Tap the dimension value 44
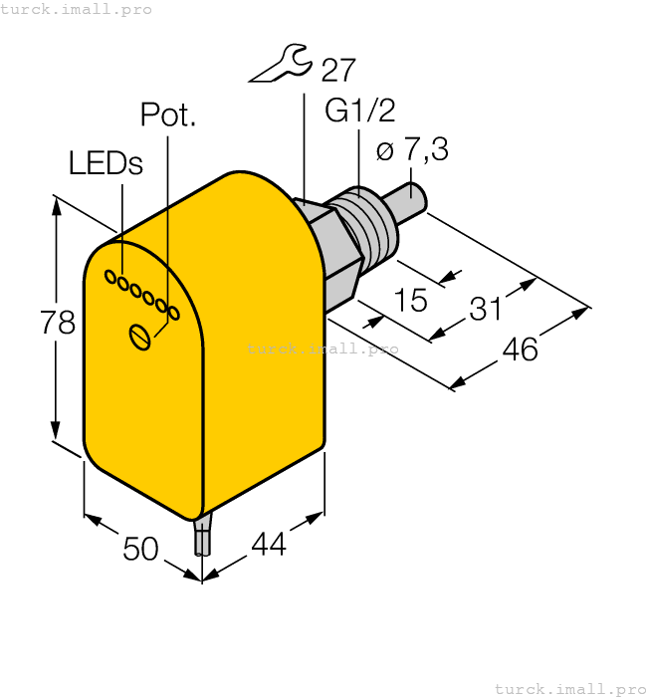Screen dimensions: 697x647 pos(269,545)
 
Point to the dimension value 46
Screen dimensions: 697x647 pos(520,349)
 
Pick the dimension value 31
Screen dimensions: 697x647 pos(485,310)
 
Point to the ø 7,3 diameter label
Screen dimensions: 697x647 pos(412,150)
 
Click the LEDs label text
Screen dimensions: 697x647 pos(106,164)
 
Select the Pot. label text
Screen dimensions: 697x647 pos(168,116)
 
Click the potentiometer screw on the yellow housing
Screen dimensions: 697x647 pos(140,337)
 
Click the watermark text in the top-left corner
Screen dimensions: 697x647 pos(77,9)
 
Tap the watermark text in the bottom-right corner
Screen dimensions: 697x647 pos(570,688)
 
